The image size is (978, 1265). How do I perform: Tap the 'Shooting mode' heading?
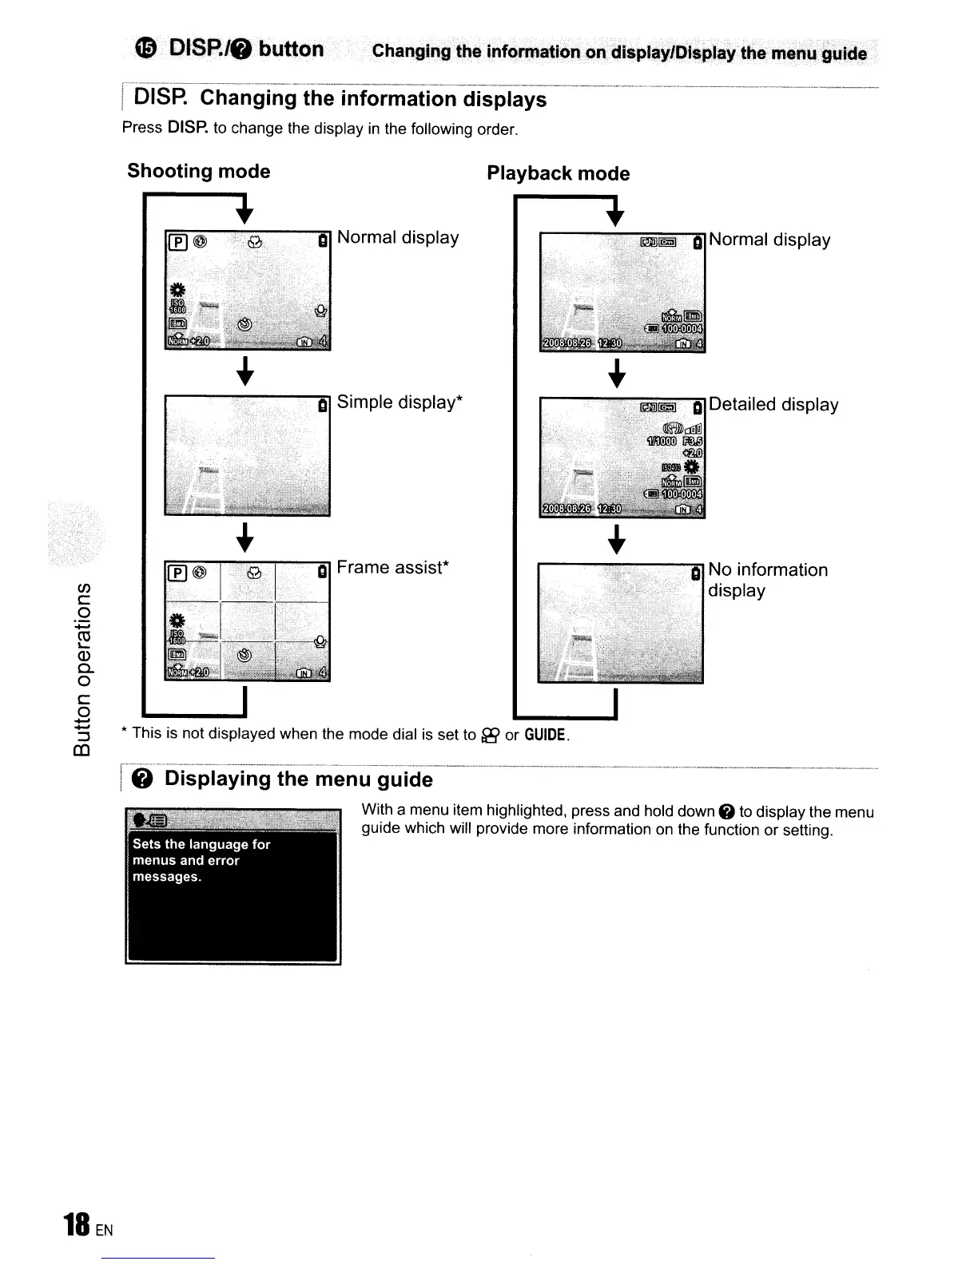pos(198,172)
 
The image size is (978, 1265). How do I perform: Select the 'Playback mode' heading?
pos(558,174)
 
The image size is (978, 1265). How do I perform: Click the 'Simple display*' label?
pos(400,402)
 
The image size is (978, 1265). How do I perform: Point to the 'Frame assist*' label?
pos(393,568)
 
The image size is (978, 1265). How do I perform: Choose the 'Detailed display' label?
pos(773,405)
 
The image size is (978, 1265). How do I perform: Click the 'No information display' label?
pos(767,580)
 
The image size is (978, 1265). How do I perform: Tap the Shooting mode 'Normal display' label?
pos(398,238)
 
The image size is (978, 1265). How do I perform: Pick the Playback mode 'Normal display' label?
pos(769,240)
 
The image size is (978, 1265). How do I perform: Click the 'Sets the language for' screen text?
pos(201,844)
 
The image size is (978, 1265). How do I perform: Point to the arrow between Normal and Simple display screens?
pos(246,372)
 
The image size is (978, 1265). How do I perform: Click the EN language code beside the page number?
pos(104,1231)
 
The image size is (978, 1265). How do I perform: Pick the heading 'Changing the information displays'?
pos(373,99)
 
